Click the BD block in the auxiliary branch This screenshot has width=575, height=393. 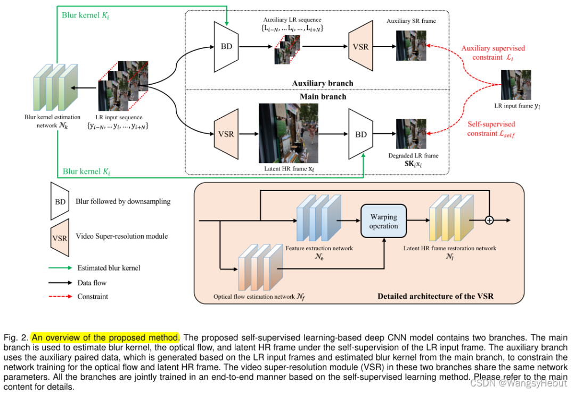pyautogui.click(x=226, y=46)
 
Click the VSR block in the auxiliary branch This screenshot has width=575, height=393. pyautogui.click(x=360, y=46)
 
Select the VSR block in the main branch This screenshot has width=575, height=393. pyautogui.click(x=226, y=134)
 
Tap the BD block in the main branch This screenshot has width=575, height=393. pyautogui.click(x=360, y=134)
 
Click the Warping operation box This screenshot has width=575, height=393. pyautogui.click(x=383, y=222)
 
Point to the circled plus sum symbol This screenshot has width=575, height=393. pyautogui.click(x=489, y=219)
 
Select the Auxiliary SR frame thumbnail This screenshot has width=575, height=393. pyautogui.click(x=411, y=46)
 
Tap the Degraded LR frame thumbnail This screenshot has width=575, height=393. pyautogui.click(x=411, y=134)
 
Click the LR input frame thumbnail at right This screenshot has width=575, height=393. pyautogui.click(x=516, y=85)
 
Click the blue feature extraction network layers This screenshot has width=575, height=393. pyautogui.click(x=318, y=219)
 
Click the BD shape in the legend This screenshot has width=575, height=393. pyautogui.click(x=60, y=201)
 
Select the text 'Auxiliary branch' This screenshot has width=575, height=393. pyautogui.click(x=323, y=83)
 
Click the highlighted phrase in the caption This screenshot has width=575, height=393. pyautogui.click(x=105, y=338)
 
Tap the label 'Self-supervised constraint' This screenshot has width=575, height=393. pyautogui.click(x=491, y=129)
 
